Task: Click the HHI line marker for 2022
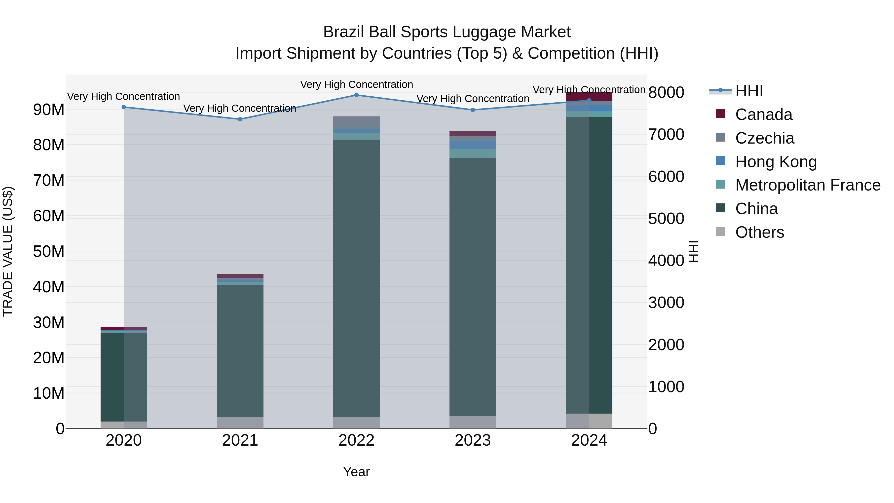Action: pyautogui.click(x=356, y=95)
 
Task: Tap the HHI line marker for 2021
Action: pyautogui.click(x=240, y=119)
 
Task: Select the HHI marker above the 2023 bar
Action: pyautogui.click(x=473, y=110)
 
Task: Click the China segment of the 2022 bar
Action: pyautogui.click(x=356, y=278)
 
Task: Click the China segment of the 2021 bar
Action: pyautogui.click(x=240, y=350)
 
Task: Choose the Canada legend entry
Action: pyautogui.click(x=764, y=115)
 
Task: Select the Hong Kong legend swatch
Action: pyautogui.click(x=720, y=161)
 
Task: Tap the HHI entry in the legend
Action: pyautogui.click(x=749, y=91)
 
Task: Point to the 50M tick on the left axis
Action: pyautogui.click(x=49, y=251)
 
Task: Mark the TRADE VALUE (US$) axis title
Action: pyautogui.click(x=8, y=251)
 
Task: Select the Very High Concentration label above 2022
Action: pyautogui.click(x=356, y=84)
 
